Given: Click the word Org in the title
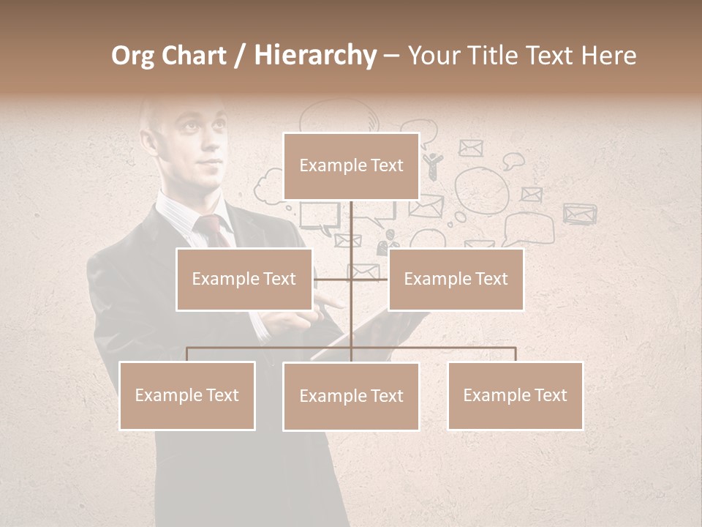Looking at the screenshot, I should click(x=132, y=56).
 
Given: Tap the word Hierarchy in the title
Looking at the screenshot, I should click(x=315, y=56).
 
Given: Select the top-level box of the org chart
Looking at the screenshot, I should click(x=351, y=165).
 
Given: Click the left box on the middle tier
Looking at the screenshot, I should click(x=244, y=279).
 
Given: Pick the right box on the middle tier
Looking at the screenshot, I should click(x=456, y=279).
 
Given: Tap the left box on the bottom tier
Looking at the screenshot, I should click(x=186, y=395).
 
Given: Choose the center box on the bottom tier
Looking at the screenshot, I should click(x=351, y=396).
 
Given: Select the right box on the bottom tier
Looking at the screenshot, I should click(x=515, y=395).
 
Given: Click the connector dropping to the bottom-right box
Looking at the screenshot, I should click(x=515, y=354).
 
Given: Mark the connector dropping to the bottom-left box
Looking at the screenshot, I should click(x=186, y=354).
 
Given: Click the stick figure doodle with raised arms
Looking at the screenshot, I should click(x=433, y=165).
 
